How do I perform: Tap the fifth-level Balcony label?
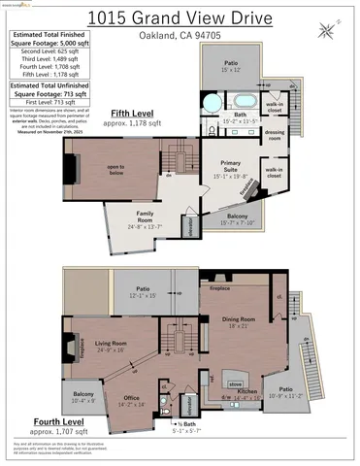[x=238, y=218]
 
